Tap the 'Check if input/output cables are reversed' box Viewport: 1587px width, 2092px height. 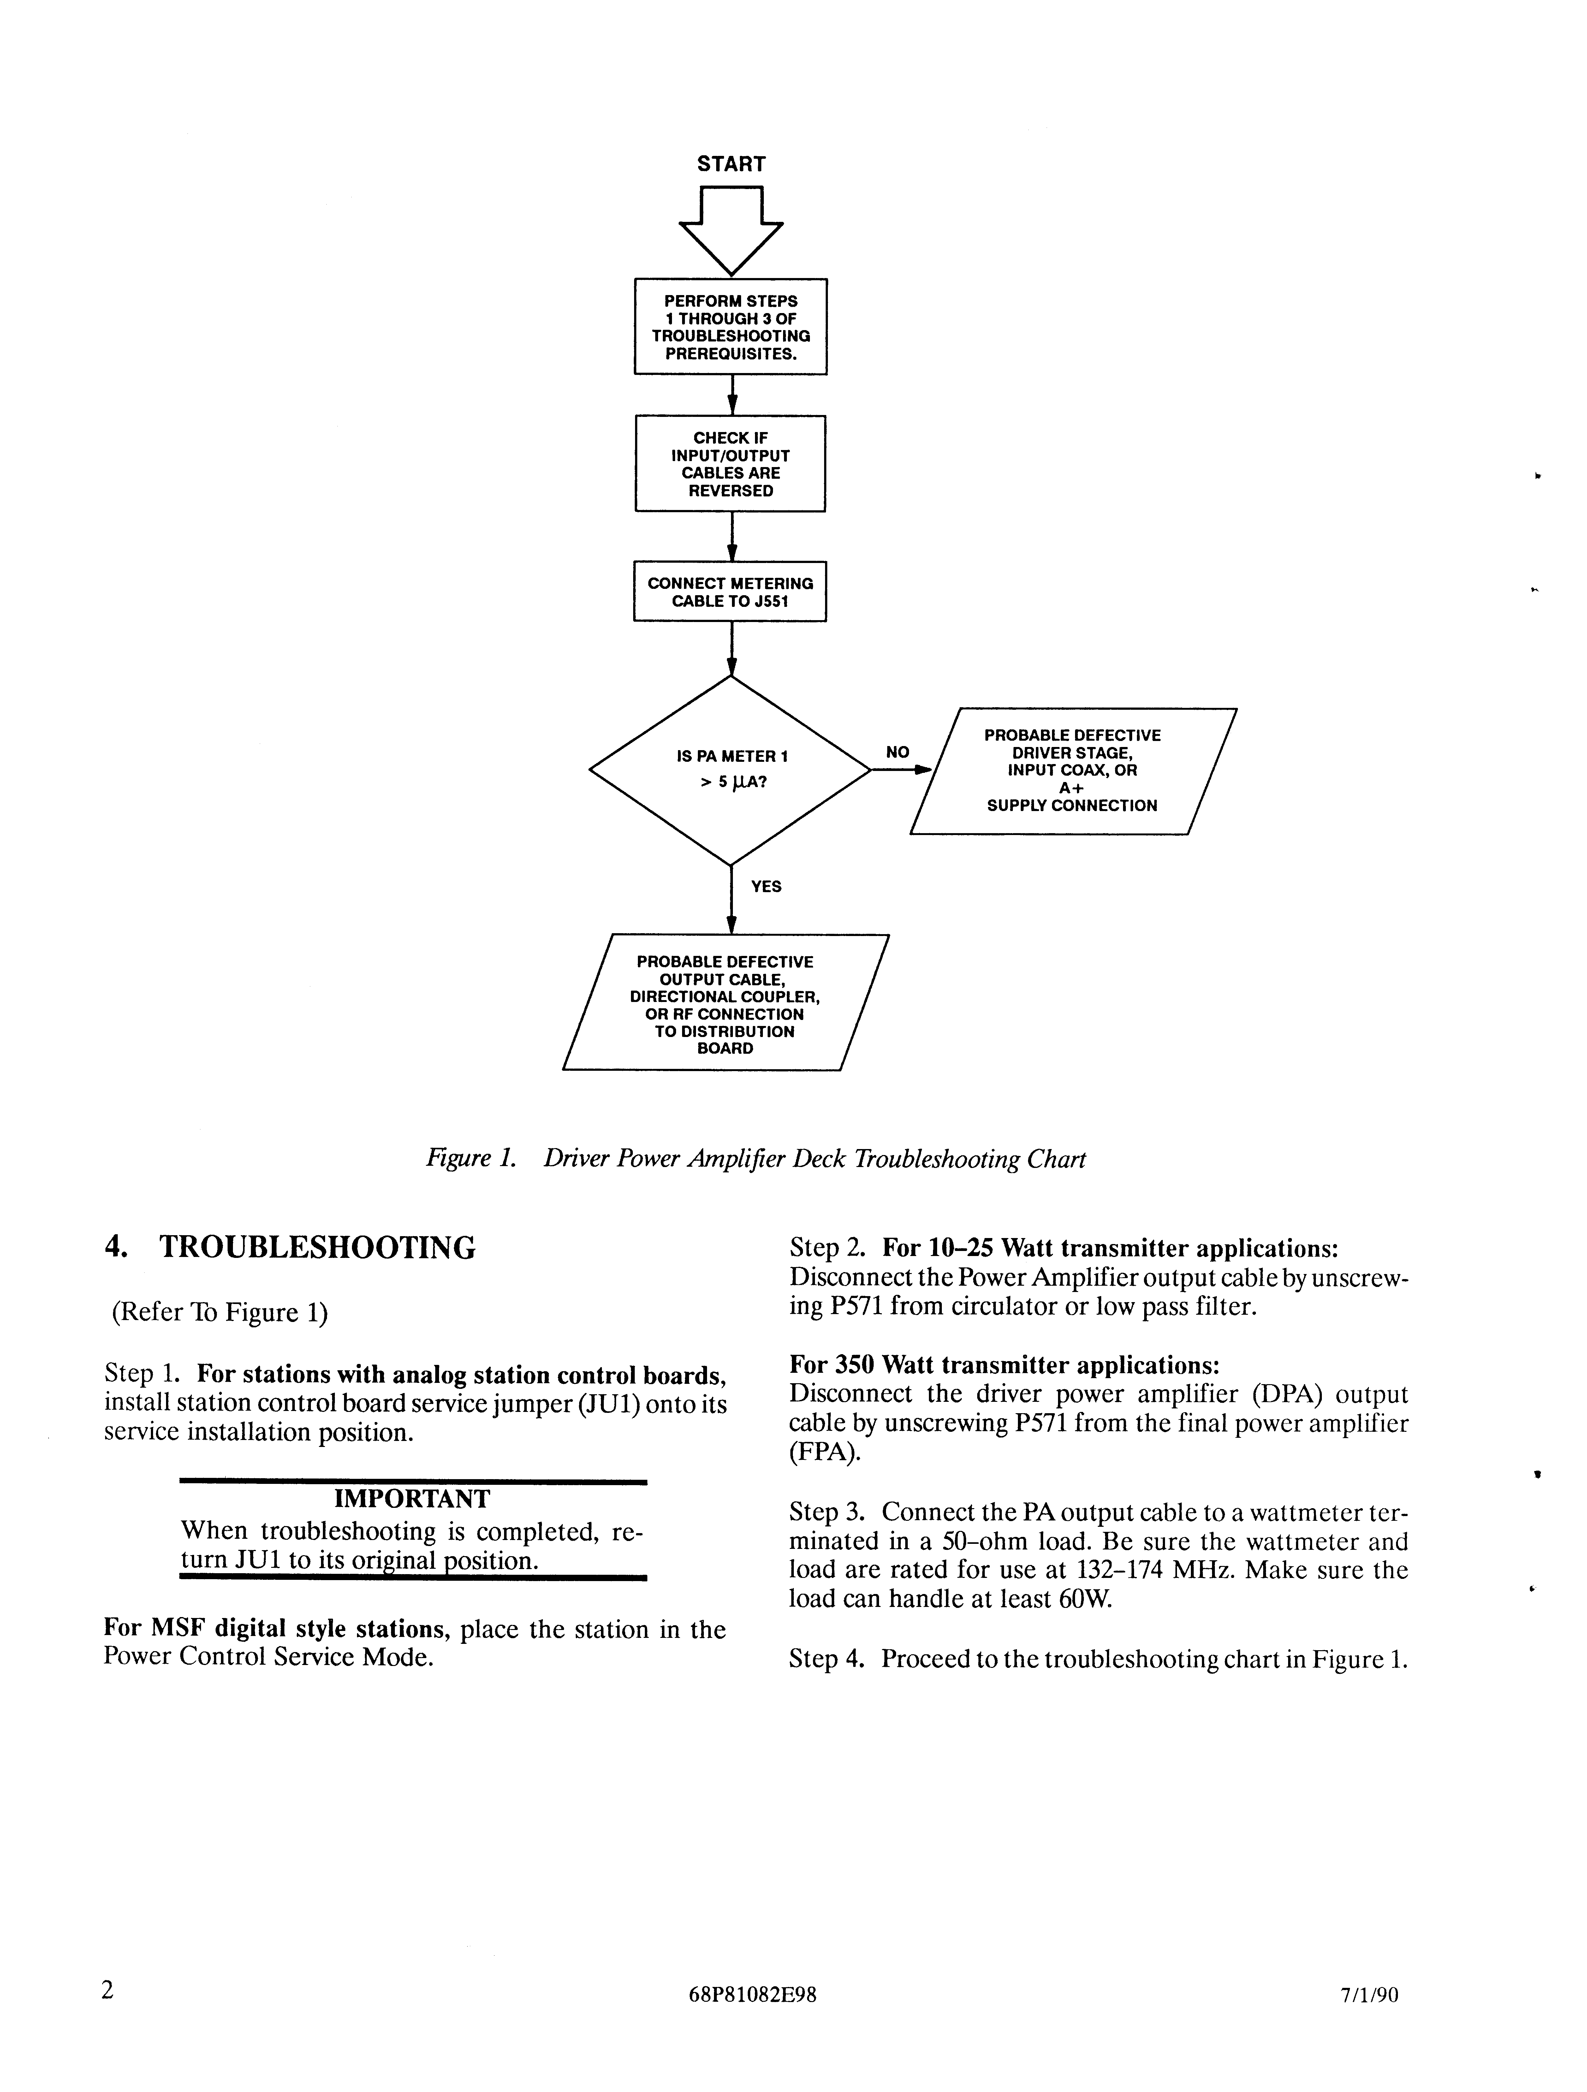pos(730,463)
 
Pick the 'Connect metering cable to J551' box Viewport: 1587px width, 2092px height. pos(730,592)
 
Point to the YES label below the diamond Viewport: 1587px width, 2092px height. pos(766,886)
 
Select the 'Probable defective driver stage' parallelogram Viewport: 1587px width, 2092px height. pos(1073,771)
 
